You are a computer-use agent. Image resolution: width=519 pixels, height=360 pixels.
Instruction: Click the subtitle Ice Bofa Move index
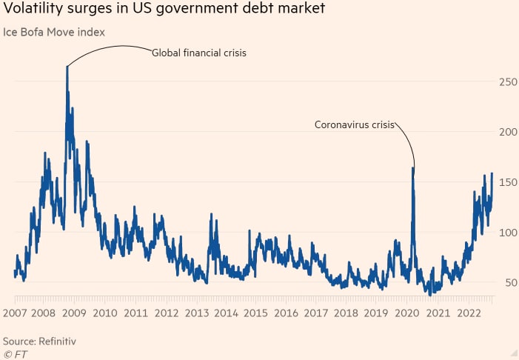[x=55, y=32]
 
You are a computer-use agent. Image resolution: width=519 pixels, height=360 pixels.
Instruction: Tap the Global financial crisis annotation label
[x=198, y=53]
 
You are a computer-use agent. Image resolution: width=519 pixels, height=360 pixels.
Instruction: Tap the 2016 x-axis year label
[x=286, y=313]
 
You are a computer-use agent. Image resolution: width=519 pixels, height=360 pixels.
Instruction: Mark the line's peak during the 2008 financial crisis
[x=67, y=67]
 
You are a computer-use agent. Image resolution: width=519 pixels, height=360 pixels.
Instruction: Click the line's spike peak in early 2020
[x=413, y=168]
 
